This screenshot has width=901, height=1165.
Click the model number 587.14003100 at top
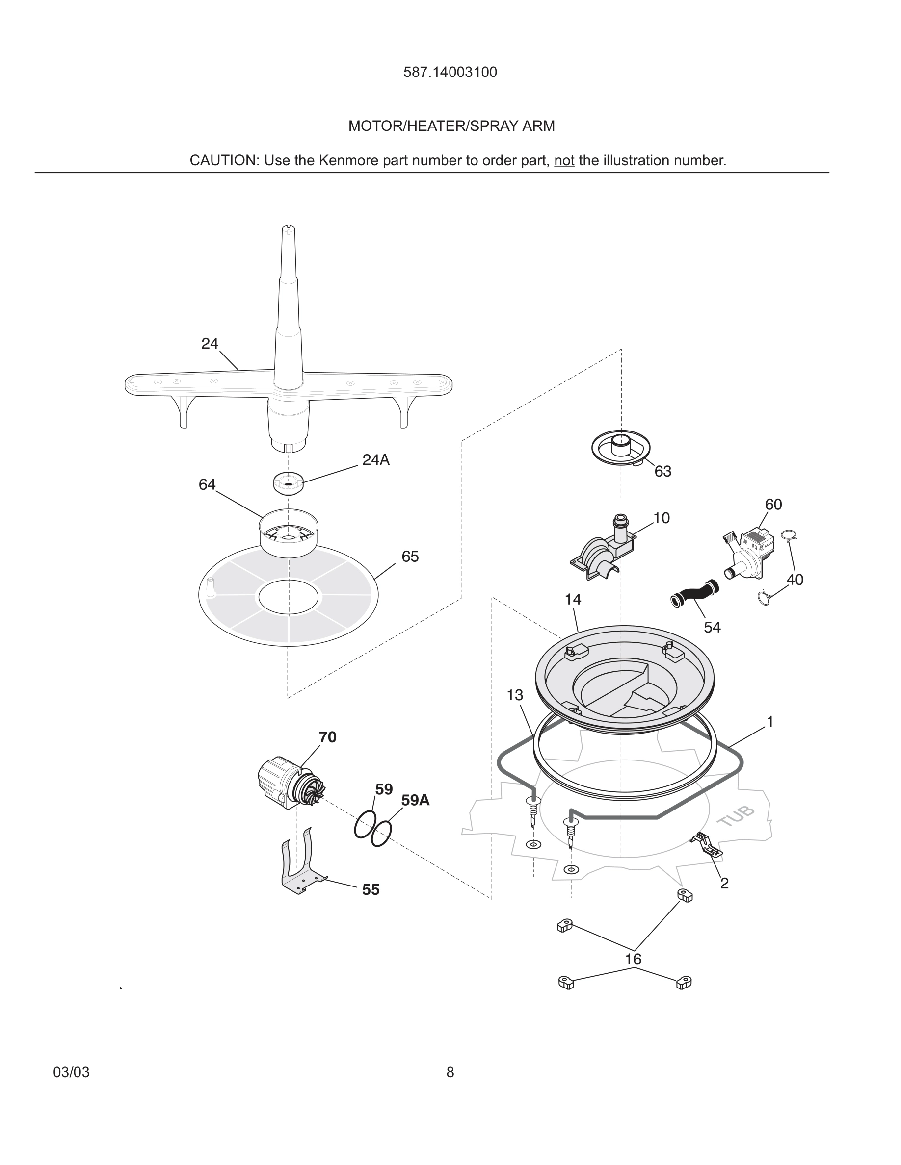pyautogui.click(x=450, y=73)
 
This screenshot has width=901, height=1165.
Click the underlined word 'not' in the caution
pyautogui.click(x=564, y=160)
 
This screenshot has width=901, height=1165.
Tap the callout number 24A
pyautogui.click(x=376, y=460)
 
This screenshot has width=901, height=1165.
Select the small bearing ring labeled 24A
pyautogui.click(x=288, y=483)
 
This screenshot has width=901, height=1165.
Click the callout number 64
pyautogui.click(x=207, y=485)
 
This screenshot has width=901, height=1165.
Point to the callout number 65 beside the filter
pyautogui.click(x=410, y=557)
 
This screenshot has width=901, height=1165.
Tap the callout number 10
pyautogui.click(x=662, y=518)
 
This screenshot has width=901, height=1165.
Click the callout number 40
pyautogui.click(x=795, y=580)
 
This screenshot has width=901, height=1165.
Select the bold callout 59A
pyautogui.click(x=415, y=800)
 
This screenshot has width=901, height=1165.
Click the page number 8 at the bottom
pyautogui.click(x=450, y=1072)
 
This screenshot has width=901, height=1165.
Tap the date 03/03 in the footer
pyautogui.click(x=72, y=1072)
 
